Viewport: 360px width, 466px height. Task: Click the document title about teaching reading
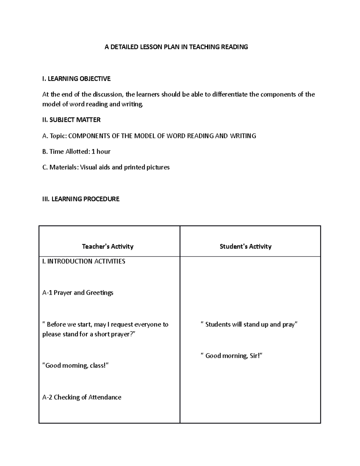coord(176,47)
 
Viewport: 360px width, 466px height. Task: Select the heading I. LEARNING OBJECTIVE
coord(76,79)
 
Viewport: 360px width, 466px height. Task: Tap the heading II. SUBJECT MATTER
coord(71,120)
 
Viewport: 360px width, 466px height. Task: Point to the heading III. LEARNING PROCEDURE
coord(81,199)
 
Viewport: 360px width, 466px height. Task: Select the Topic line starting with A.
coord(149,136)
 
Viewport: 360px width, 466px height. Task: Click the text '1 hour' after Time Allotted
coord(101,152)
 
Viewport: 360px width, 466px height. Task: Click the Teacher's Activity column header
coord(108,246)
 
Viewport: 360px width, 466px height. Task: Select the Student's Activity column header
coord(245,246)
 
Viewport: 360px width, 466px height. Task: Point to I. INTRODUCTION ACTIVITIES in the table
coord(84,261)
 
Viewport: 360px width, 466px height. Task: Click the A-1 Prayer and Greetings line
coord(78,293)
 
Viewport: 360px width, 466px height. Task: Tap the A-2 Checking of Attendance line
coord(82,397)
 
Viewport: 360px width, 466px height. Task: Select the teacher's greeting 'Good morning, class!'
coord(76,365)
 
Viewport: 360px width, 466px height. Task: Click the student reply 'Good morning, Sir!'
coord(232,356)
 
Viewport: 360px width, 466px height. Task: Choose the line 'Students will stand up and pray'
coord(249,324)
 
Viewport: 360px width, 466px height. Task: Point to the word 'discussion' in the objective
coord(108,95)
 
